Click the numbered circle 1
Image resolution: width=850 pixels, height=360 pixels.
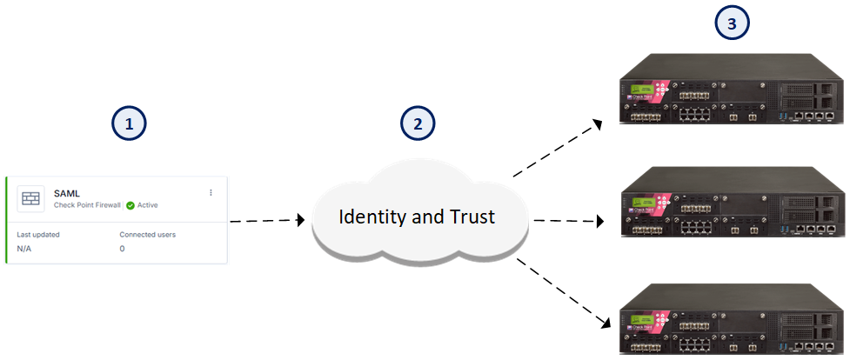(x=129, y=124)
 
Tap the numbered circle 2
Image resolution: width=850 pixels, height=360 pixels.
(x=418, y=123)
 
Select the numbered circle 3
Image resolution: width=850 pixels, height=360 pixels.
(x=732, y=23)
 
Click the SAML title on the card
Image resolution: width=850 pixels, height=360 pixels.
(x=67, y=193)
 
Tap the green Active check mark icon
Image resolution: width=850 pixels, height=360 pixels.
(x=130, y=205)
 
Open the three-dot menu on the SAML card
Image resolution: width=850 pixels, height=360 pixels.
(x=211, y=192)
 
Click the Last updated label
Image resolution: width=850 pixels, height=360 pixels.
(x=38, y=235)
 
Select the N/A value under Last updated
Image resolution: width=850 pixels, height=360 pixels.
(x=23, y=249)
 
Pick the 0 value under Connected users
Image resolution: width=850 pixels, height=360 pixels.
(x=122, y=249)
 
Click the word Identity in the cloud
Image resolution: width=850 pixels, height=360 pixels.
(x=373, y=217)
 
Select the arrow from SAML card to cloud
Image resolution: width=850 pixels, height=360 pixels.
(x=268, y=220)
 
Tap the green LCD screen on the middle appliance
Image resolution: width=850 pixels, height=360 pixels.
(x=642, y=203)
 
